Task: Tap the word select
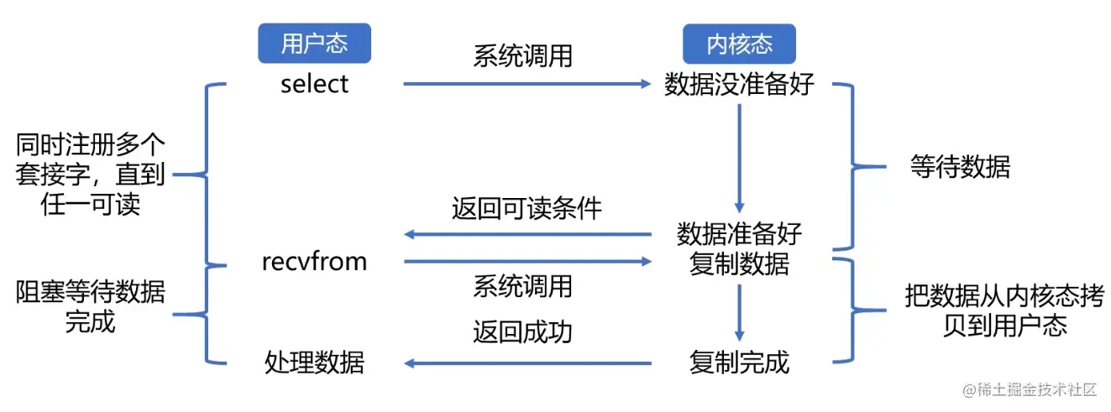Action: [314, 84]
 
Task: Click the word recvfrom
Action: [314, 261]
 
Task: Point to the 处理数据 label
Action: [314, 362]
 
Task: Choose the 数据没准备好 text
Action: [739, 84]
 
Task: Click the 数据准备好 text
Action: [739, 234]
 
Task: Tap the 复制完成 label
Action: [739, 362]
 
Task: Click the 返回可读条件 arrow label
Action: [527, 208]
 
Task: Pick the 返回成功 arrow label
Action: [522, 331]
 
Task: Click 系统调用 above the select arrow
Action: [522, 55]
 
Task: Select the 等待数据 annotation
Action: [960, 167]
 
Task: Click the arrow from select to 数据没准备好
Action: [527, 84]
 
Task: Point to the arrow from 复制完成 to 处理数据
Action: [527, 363]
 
